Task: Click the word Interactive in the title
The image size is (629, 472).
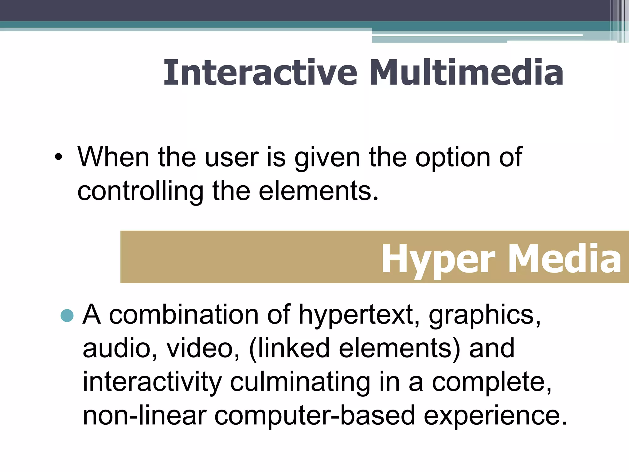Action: (x=260, y=73)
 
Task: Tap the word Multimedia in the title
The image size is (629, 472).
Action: (x=466, y=73)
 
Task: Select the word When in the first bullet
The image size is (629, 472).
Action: (x=113, y=157)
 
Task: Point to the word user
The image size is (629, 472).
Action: (x=232, y=158)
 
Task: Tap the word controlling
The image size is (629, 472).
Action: (x=140, y=191)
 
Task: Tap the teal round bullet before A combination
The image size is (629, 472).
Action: (x=67, y=315)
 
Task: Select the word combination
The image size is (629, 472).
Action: (x=184, y=315)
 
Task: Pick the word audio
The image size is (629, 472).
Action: (x=120, y=348)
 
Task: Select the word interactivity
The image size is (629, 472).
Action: (x=152, y=382)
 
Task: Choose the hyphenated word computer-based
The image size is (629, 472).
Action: (x=314, y=415)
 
